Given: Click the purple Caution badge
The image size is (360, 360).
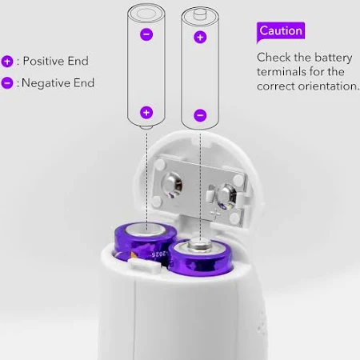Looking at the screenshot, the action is [281, 31].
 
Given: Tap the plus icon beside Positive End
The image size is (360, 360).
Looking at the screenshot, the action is [7, 62].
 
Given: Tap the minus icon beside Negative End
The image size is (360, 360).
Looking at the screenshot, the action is [7, 83].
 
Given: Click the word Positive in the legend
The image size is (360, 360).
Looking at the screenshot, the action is [44, 61].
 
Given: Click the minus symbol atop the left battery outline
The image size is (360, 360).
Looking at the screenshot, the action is [146, 34].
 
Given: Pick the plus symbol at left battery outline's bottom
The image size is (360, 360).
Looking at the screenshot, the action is [146, 112].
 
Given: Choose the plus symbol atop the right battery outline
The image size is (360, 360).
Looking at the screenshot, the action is [200, 37].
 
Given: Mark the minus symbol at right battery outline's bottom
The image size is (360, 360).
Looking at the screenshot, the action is [200, 115].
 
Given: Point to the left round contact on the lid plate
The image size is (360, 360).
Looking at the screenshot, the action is [172, 185].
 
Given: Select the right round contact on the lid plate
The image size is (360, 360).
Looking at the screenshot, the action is [226, 195].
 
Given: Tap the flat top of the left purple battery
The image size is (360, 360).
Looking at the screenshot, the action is [146, 230].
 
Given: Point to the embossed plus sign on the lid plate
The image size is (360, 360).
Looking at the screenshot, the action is [215, 214].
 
